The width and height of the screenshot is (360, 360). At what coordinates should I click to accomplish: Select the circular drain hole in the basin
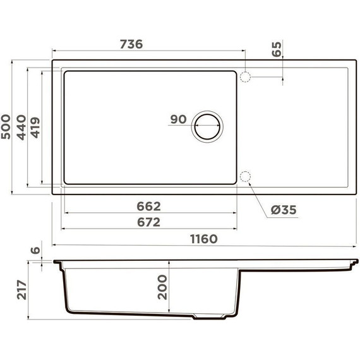click(x=207, y=126)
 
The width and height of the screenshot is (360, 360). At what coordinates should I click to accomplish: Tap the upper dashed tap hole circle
click(x=246, y=77)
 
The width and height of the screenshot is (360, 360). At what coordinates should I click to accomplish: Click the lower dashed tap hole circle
click(x=246, y=177)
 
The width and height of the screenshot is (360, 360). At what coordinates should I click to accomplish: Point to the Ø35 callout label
click(x=281, y=209)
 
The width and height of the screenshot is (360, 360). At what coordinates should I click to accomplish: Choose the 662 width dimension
click(x=149, y=206)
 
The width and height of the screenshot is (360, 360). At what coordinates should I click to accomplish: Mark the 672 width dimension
click(x=149, y=222)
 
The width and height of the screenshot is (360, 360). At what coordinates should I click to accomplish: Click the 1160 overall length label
click(x=203, y=239)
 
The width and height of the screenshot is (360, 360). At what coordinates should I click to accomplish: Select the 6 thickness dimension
click(x=36, y=251)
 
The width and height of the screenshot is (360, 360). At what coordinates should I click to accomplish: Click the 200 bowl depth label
click(x=162, y=287)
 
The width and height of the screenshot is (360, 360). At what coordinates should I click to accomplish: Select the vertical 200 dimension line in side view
click(x=172, y=287)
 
